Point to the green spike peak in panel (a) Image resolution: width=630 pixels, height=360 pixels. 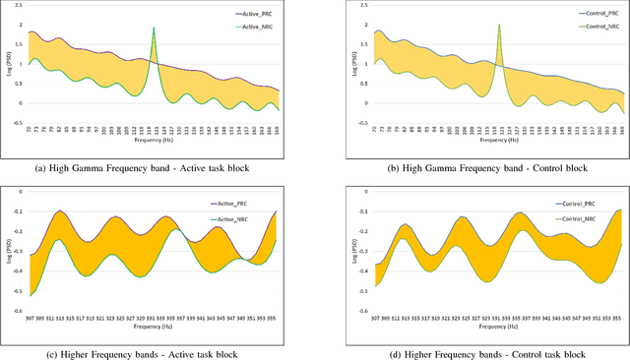point(154,29)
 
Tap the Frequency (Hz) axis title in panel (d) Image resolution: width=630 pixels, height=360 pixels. point(497,331)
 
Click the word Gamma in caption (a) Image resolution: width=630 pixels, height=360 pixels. point(109,167)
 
